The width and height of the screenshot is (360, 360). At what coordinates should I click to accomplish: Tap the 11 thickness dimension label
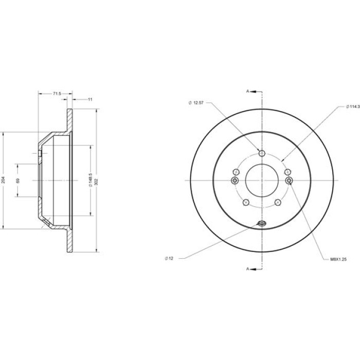(x=90, y=99)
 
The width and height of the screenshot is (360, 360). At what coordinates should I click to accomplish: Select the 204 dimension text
(x=3, y=180)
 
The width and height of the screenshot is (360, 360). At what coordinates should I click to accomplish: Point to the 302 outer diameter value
(x=97, y=182)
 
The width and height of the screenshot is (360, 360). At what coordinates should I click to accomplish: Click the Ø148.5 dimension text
(x=90, y=180)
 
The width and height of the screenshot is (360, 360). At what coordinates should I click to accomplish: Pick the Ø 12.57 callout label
(x=196, y=103)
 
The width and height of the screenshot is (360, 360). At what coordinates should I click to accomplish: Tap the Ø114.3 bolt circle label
(x=353, y=106)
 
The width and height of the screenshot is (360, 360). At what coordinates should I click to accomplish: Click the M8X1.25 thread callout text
(x=338, y=259)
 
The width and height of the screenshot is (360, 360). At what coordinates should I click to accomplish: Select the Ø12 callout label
(x=169, y=259)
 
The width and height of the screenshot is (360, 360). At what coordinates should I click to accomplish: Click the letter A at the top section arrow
(x=247, y=91)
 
